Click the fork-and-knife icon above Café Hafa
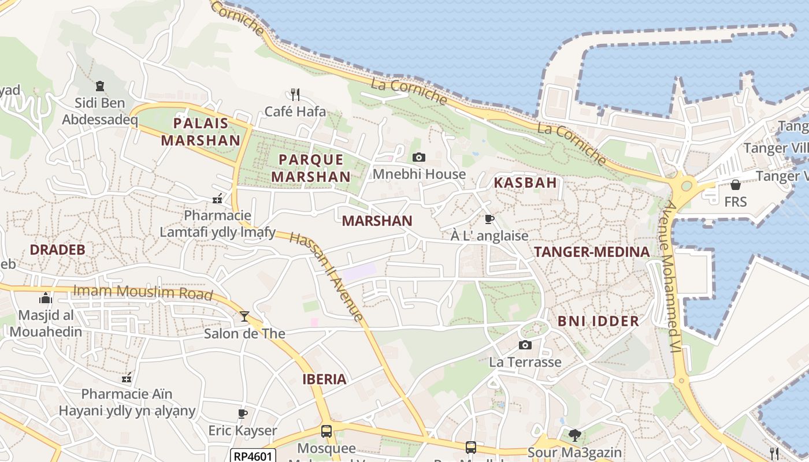click(x=295, y=94)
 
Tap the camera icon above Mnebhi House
click(x=419, y=157)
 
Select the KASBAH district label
click(x=525, y=183)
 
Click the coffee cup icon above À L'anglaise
click(x=489, y=219)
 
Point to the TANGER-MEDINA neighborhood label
click(x=592, y=252)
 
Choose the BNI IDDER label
click(x=598, y=321)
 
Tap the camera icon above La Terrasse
click(x=525, y=345)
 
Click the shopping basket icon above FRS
click(x=735, y=185)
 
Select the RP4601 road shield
click(x=253, y=456)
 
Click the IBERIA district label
click(x=324, y=379)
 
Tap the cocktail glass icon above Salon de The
click(x=244, y=316)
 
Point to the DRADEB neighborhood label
click(x=57, y=249)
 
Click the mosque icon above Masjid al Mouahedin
click(x=45, y=298)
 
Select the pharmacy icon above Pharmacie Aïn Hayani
click(x=127, y=378)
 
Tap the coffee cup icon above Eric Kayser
click(x=243, y=413)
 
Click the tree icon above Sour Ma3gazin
click(x=574, y=435)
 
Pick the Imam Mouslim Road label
click(x=143, y=293)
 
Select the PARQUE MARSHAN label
click(x=311, y=168)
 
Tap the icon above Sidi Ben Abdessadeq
click(x=100, y=86)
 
